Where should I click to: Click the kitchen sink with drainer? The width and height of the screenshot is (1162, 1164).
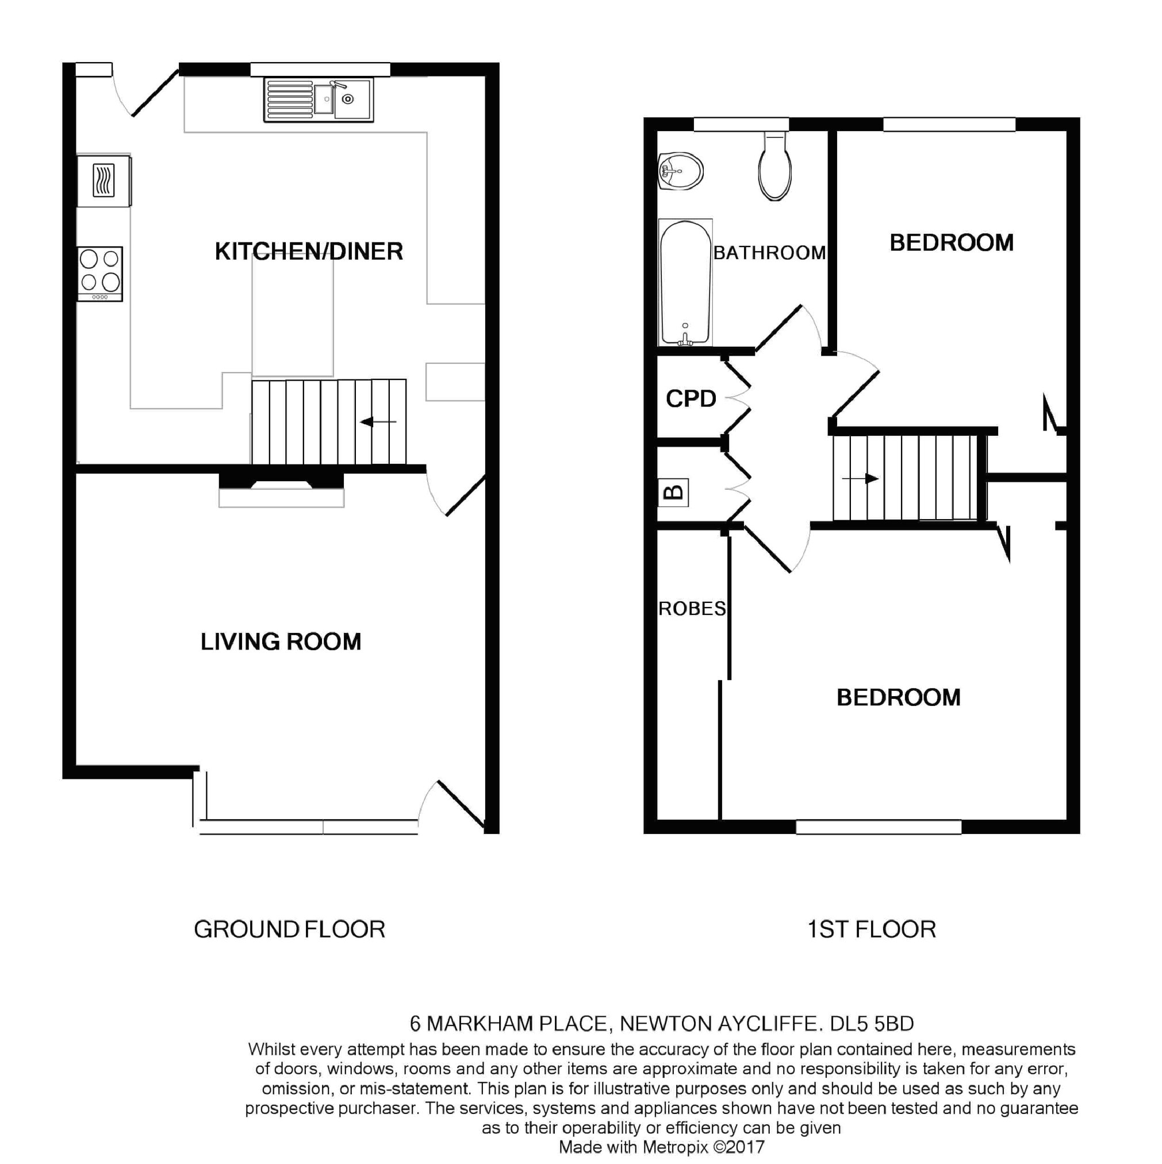317,99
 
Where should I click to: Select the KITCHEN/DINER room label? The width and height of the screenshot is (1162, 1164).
309,251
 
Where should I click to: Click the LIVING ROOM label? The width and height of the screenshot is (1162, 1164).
281,641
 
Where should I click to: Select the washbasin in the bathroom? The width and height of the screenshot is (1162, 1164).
680,171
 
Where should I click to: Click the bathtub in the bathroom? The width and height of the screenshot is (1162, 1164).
685,282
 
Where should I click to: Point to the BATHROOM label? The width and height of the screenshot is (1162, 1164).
769,252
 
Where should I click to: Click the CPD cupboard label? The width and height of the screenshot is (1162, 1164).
691,398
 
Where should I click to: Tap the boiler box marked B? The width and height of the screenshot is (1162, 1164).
673,492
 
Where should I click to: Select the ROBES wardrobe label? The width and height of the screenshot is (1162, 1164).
692,609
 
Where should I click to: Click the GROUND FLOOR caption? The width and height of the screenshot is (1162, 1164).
289,929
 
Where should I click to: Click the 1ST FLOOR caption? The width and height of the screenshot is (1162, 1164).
871,929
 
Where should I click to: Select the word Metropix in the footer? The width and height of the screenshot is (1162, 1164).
675,1147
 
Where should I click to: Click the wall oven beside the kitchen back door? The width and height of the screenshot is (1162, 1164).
103,180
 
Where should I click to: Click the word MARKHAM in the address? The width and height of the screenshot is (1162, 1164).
480,1024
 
